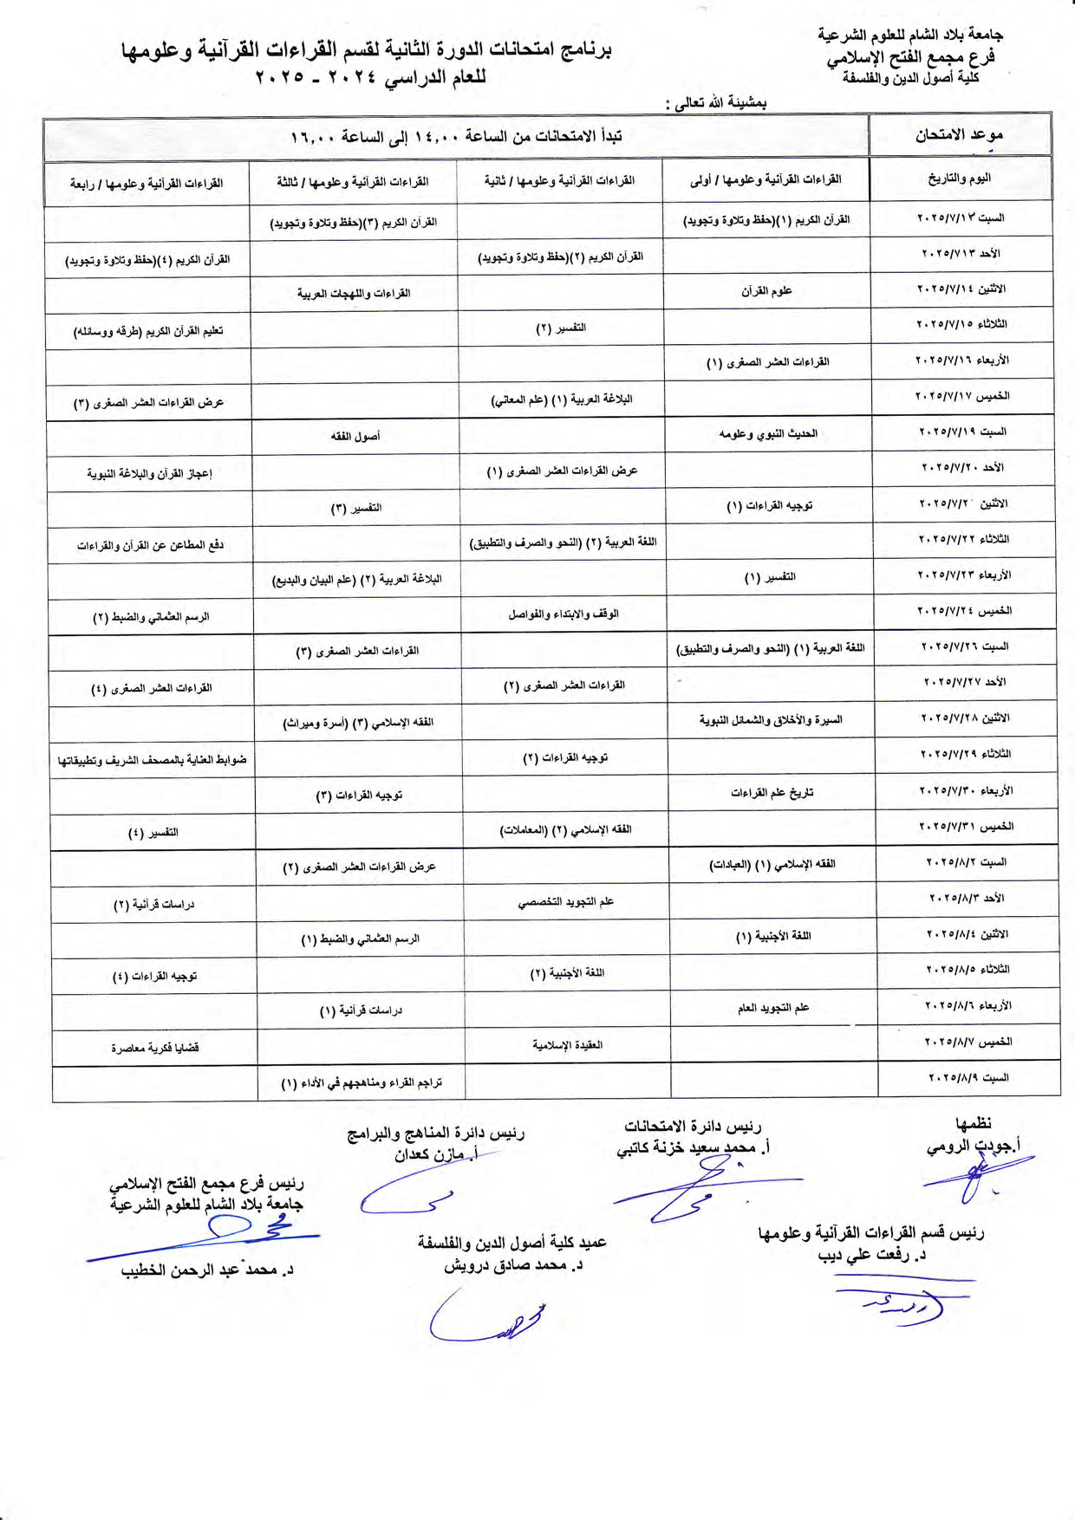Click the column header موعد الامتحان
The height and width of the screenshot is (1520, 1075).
click(x=959, y=135)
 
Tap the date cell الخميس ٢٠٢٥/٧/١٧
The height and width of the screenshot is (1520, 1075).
click(x=962, y=396)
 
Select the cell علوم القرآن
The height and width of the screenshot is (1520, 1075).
click(x=766, y=291)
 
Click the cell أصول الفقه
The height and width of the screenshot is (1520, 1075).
click(x=355, y=436)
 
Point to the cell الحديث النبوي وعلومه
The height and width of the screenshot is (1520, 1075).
click(x=768, y=433)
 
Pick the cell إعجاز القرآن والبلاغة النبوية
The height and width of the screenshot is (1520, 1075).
click(x=149, y=473)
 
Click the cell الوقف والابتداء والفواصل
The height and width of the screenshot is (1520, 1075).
click(x=564, y=614)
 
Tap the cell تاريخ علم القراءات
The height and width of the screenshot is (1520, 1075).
click(x=772, y=792)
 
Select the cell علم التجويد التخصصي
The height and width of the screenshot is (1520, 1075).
click(x=566, y=901)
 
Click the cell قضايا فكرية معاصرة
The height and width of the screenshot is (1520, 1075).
click(x=154, y=1048)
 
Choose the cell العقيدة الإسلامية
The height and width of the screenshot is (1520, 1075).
click(x=568, y=1045)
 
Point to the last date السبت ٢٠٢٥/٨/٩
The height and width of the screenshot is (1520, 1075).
click(x=968, y=1077)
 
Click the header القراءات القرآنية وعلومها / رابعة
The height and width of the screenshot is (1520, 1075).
click(x=147, y=184)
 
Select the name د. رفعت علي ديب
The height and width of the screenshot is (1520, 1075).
click(x=872, y=1255)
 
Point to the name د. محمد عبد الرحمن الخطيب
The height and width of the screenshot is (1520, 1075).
click(x=207, y=1270)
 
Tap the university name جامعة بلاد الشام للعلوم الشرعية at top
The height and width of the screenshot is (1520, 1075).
click(x=910, y=35)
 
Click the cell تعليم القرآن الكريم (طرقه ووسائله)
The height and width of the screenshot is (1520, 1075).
click(x=148, y=331)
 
